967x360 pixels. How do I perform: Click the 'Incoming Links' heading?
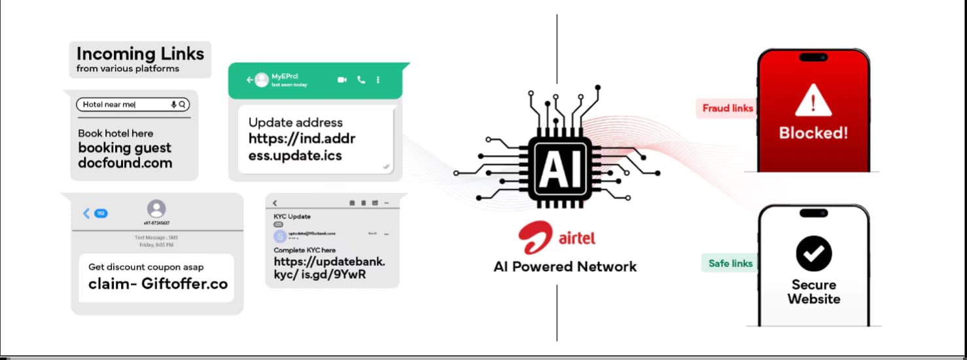coord(140,53)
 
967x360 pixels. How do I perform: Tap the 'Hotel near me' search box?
coord(124,104)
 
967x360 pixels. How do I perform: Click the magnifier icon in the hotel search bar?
coord(183,104)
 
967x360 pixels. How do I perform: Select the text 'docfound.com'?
coord(125,163)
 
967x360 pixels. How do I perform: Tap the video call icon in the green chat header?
coord(342,80)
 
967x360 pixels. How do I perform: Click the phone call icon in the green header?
coord(360,80)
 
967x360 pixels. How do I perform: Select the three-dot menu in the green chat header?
coord(378,80)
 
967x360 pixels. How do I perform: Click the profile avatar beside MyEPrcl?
coord(262,80)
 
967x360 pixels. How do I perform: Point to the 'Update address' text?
coord(295,122)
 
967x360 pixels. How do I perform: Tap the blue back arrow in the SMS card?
coord(86,213)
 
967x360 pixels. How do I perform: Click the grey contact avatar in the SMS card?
coord(156,209)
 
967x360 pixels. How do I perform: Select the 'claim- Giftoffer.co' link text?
coord(158,284)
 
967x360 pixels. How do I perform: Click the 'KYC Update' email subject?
coord(292,217)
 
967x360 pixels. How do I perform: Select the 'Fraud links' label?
coord(728,108)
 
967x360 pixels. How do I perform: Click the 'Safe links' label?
coord(730,263)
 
